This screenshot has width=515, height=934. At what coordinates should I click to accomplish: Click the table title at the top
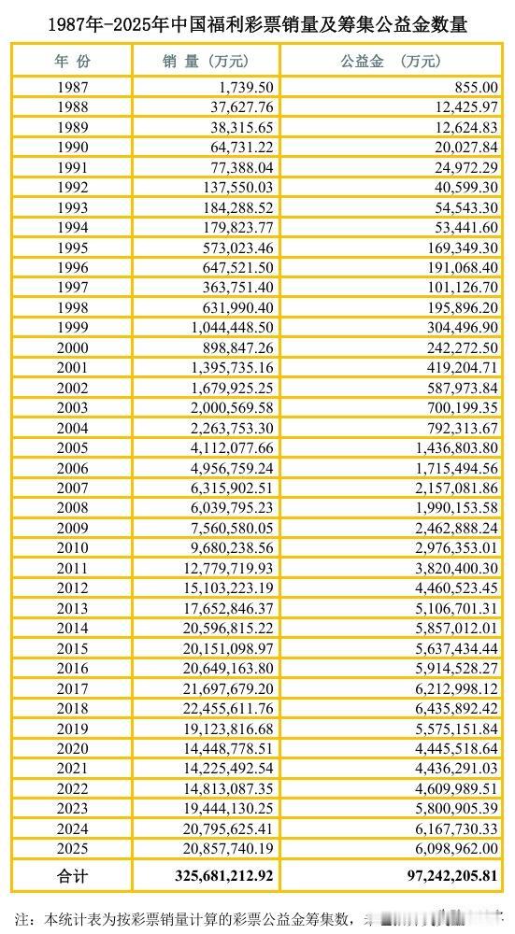[x=257, y=25]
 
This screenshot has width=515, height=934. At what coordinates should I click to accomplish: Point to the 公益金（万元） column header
[x=392, y=62]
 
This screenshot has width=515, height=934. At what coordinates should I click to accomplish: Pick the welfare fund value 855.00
[x=472, y=87]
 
